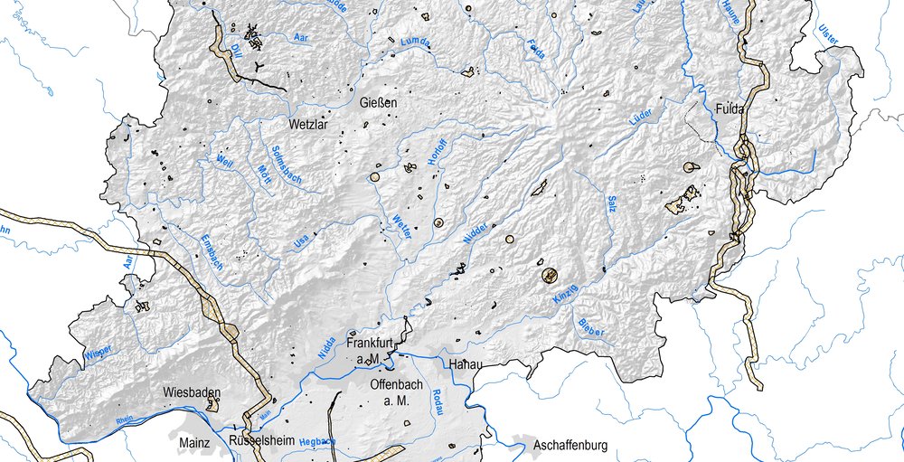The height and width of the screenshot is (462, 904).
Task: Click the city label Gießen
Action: point(379,103)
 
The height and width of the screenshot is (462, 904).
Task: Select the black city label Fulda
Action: point(729,109)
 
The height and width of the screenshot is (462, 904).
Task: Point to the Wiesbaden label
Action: point(192,392)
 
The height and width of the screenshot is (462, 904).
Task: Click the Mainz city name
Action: point(195,443)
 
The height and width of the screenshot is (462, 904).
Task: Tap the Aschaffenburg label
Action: point(570,446)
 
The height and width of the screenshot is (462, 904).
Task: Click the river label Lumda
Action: point(415,42)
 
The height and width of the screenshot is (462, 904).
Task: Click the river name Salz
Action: point(612,203)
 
